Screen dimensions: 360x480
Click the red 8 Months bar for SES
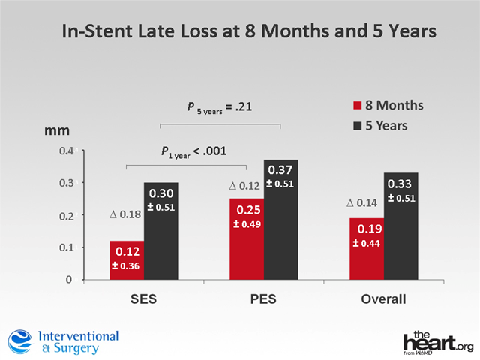coord(126,260)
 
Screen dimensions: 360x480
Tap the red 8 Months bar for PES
coord(246,239)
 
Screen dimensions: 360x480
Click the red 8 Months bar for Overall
coord(366,249)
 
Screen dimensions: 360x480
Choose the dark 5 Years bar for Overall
coord(401,226)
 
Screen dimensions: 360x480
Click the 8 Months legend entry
coord(387,106)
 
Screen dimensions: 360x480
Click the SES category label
coord(144,299)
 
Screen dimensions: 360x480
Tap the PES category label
coord(263,299)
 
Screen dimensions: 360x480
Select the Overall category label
coord(384,299)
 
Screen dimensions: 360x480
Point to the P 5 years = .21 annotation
coord(219,107)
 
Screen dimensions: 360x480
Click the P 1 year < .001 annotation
coord(193,152)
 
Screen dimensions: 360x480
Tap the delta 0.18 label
coord(124,215)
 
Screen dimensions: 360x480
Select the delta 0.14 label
coord(362,202)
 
